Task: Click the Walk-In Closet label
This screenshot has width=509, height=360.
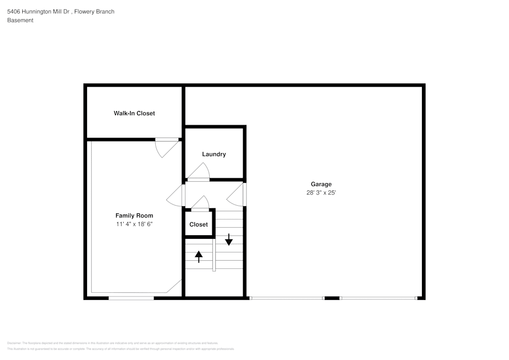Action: click(x=134, y=113)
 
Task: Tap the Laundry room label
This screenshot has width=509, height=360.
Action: click(x=214, y=154)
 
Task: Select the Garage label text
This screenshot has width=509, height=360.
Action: click(x=321, y=184)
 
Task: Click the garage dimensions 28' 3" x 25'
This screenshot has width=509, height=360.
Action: click(x=321, y=193)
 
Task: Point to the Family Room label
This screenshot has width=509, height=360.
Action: click(x=134, y=215)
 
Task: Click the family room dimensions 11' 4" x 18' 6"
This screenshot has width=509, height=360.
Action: click(x=134, y=224)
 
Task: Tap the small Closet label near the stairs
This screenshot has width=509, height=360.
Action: click(x=199, y=225)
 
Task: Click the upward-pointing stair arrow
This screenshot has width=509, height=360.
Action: click(x=199, y=256)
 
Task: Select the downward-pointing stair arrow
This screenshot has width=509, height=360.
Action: click(x=229, y=239)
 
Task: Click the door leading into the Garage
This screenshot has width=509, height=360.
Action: click(x=237, y=195)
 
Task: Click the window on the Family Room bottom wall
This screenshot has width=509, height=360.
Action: click(x=131, y=298)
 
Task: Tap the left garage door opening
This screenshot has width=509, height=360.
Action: click(x=287, y=298)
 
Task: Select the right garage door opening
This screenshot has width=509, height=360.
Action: click(x=379, y=298)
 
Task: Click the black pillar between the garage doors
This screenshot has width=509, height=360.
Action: click(x=332, y=298)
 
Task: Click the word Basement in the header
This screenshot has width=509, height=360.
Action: click(x=20, y=20)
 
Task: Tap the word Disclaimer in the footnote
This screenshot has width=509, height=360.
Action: click(x=14, y=343)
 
